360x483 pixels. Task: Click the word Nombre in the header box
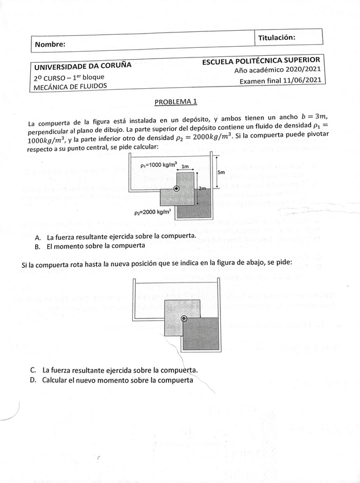(50, 44)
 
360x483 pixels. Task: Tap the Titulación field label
(276, 37)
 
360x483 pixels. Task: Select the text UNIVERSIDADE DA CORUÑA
(83, 65)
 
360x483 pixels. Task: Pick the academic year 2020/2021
(301, 71)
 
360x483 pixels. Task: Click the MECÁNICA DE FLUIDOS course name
(70, 87)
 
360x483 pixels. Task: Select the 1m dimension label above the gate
(185, 166)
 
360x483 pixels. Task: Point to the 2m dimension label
(202, 188)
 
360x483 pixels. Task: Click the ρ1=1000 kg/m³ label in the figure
(158, 165)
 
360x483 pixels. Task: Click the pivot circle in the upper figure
(177, 189)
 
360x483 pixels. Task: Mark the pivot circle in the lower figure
(184, 319)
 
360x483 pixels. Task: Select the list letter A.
(38, 237)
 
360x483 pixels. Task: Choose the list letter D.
(34, 380)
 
